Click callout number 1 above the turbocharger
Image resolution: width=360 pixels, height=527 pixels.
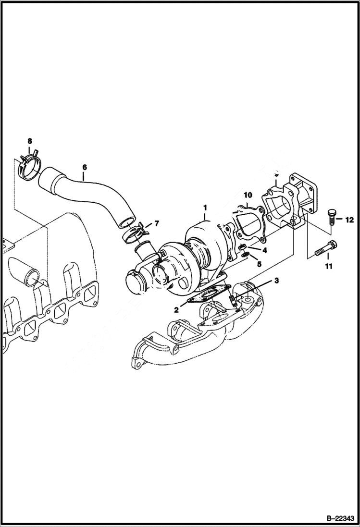tap(205, 208)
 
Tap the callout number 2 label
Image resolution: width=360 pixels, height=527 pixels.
tap(176, 310)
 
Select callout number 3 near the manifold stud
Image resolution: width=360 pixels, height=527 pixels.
tap(276, 280)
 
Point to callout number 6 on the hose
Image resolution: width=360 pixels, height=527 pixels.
tap(85, 168)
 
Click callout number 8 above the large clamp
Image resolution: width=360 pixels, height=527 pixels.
tap(29, 141)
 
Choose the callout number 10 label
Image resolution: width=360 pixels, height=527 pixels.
tap(248, 195)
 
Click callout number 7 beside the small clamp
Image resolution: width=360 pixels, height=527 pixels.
tap(155, 224)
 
